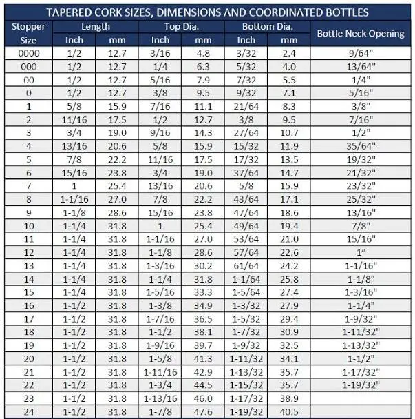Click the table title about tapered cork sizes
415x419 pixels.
[x=207, y=12]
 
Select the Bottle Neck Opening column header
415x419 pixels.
[x=361, y=33]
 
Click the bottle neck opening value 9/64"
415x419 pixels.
[x=361, y=52]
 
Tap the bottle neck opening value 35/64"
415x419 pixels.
[x=361, y=146]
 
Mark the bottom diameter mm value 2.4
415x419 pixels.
[x=289, y=52]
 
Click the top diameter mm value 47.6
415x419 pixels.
[x=203, y=411]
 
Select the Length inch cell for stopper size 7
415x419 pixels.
[x=74, y=186]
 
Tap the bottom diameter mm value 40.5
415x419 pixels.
[x=289, y=411]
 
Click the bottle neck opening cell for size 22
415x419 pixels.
[x=361, y=385]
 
